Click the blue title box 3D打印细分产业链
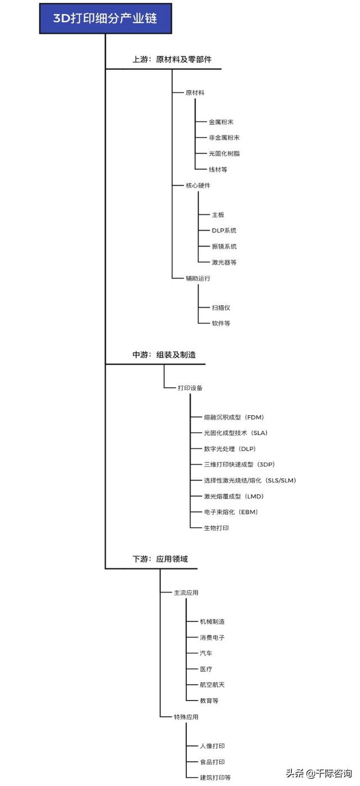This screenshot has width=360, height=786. point(105,19)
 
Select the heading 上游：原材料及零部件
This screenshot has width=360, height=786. point(172,59)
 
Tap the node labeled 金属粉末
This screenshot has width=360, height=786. point(221,122)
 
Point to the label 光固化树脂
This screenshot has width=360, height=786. point(224,154)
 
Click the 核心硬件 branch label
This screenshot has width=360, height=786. point(198,185)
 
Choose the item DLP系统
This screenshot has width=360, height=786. point(224,231)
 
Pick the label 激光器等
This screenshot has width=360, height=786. point(224,262)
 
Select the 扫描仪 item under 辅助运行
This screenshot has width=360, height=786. point(220,308)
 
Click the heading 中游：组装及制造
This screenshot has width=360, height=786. point(164,355)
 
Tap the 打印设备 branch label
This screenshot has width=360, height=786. point(190,388)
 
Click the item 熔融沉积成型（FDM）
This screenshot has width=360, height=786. point(234,417)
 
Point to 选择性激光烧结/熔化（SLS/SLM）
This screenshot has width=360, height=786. point(250,480)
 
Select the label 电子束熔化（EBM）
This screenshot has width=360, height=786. point(231,512)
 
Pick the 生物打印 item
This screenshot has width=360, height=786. point(216,528)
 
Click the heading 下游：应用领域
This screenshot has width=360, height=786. point(160,559)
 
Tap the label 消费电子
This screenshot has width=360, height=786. point(212,637)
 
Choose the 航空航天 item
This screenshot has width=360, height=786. point(212,685)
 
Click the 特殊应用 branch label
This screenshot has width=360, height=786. point(186,717)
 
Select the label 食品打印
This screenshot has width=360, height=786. point(212,762)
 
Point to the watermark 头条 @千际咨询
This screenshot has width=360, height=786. point(319,773)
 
